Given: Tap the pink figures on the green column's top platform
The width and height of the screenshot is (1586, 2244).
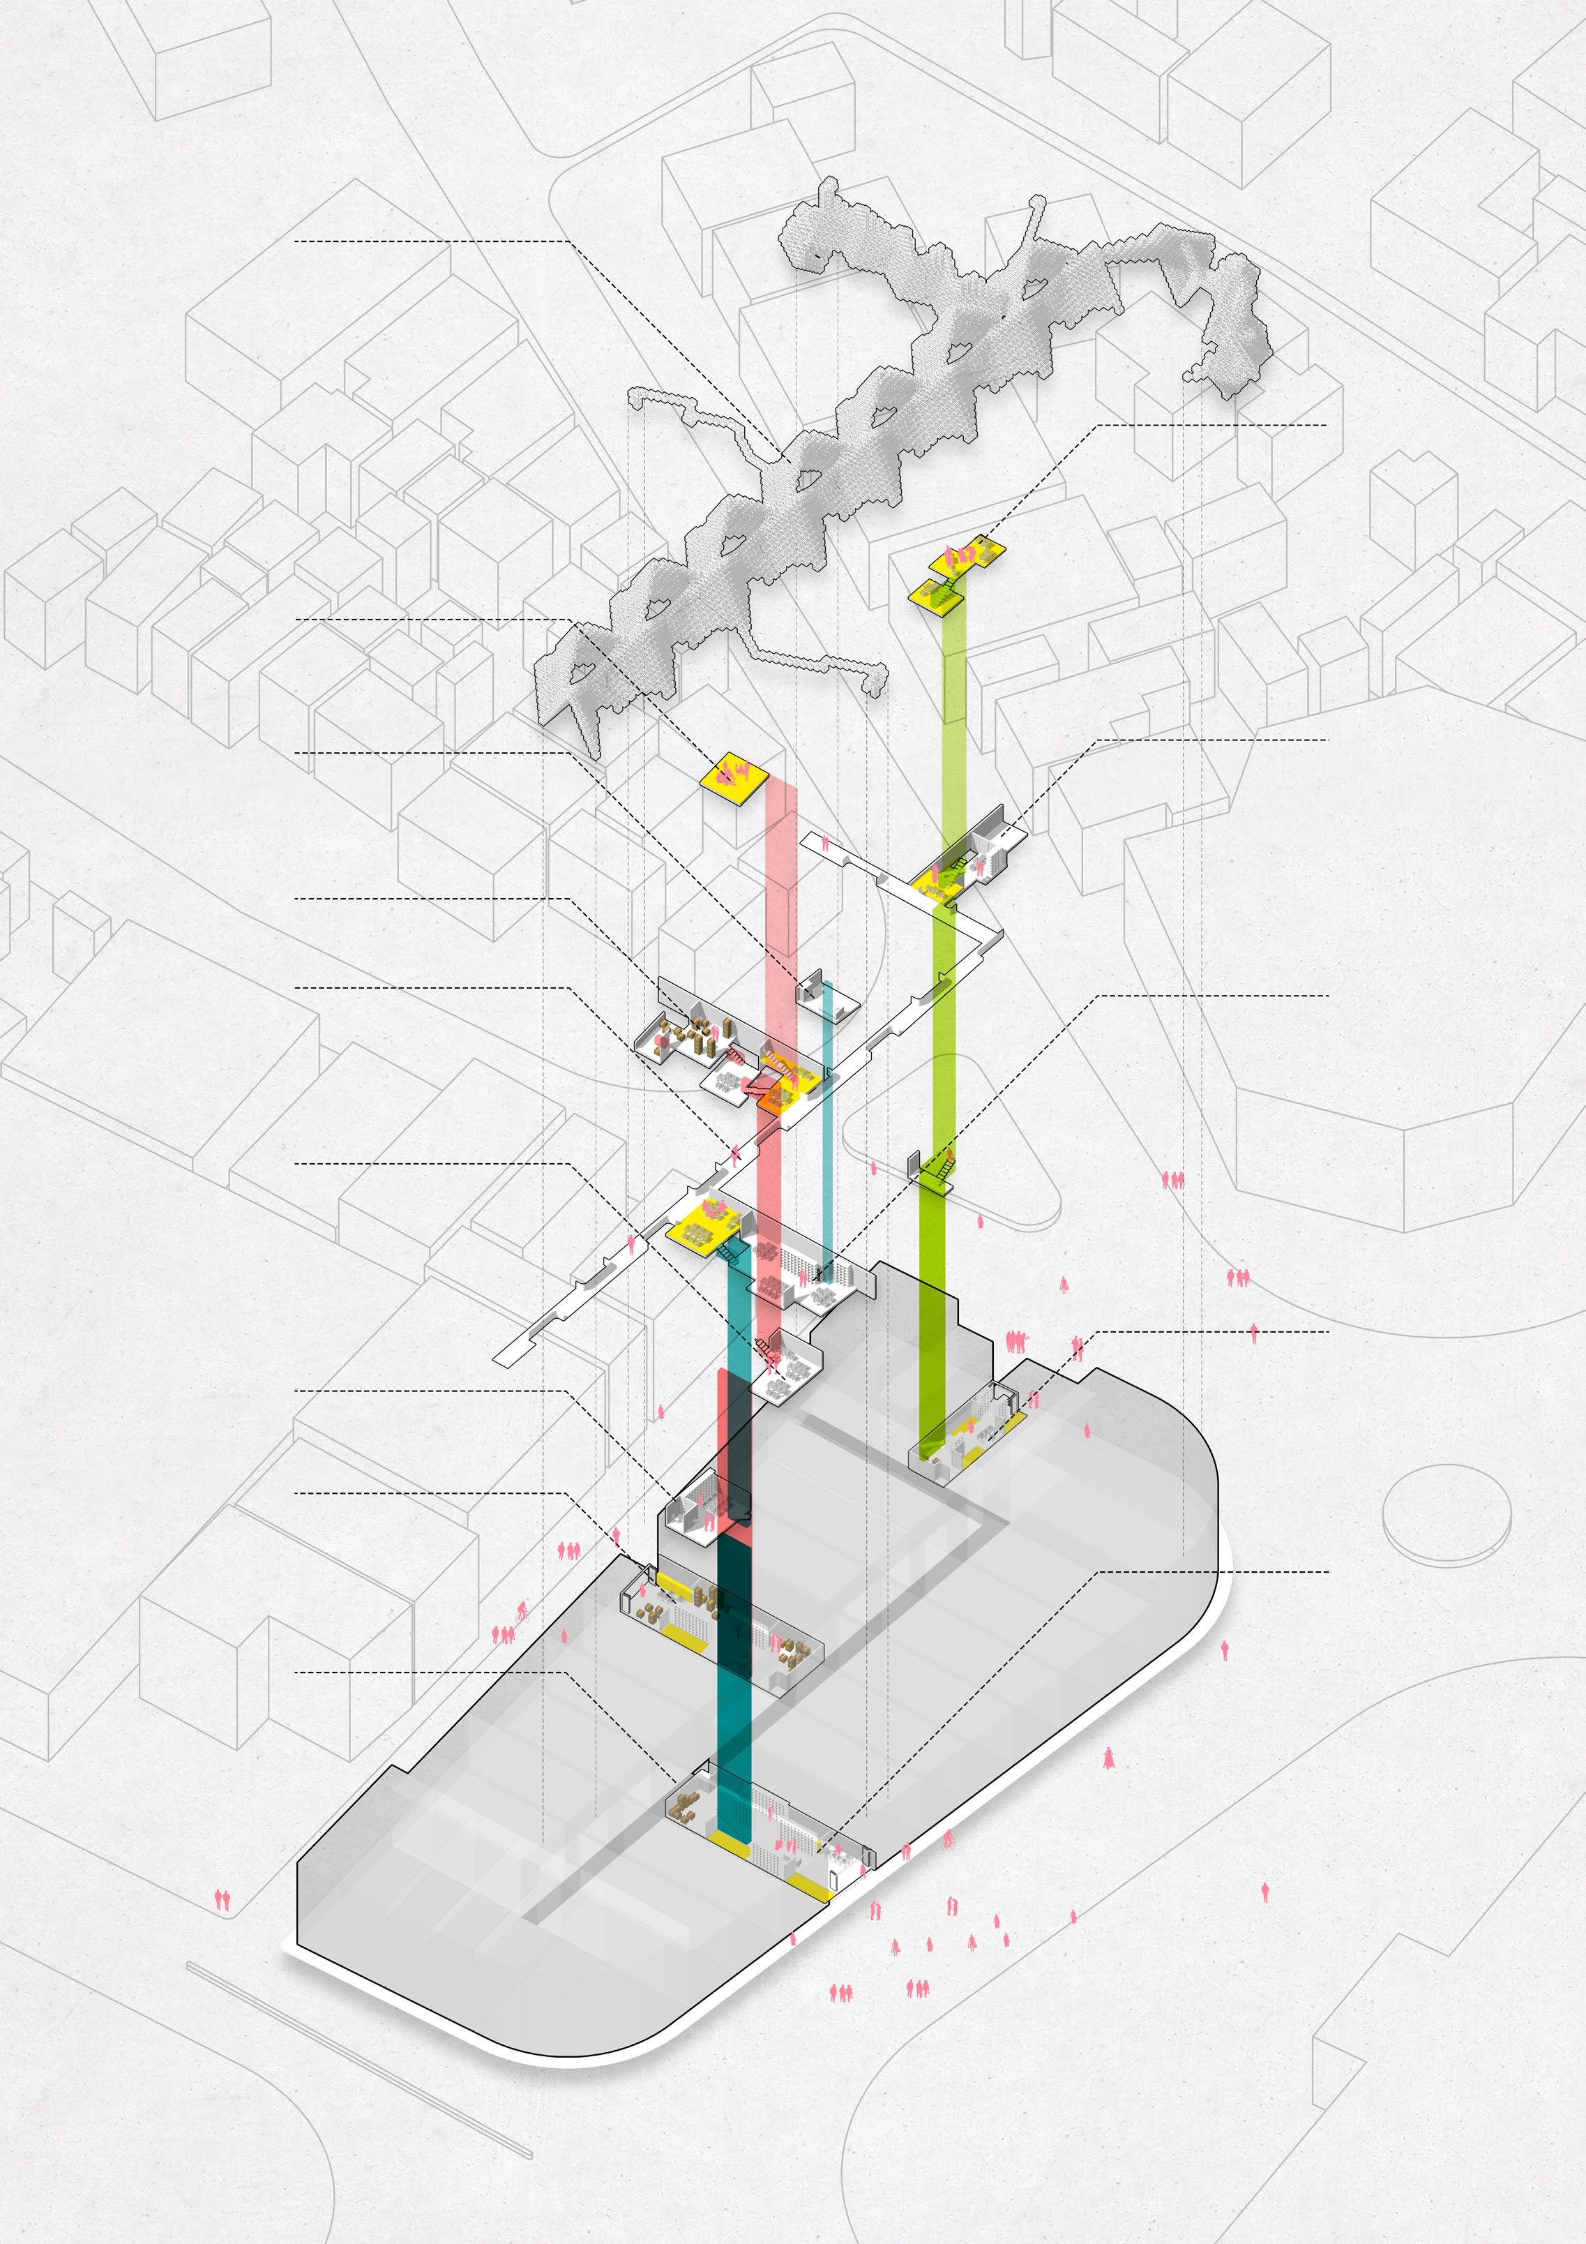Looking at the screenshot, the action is click(x=962, y=556).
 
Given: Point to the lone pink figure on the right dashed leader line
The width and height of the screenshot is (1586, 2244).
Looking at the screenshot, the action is click(x=1255, y=1333).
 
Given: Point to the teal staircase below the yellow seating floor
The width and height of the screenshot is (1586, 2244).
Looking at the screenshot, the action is click(x=728, y=1253).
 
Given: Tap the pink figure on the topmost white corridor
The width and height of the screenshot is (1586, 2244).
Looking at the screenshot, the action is click(x=826, y=841).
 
